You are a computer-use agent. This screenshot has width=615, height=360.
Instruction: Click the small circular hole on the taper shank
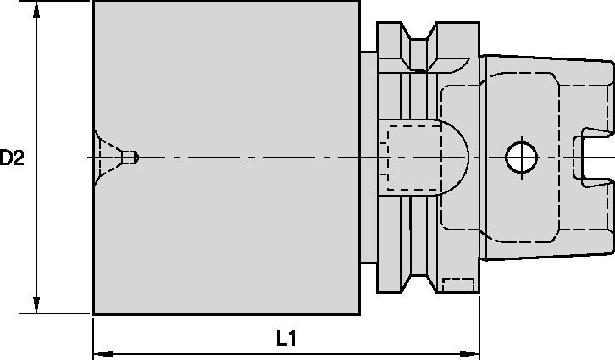pyautogui.click(x=520, y=156)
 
